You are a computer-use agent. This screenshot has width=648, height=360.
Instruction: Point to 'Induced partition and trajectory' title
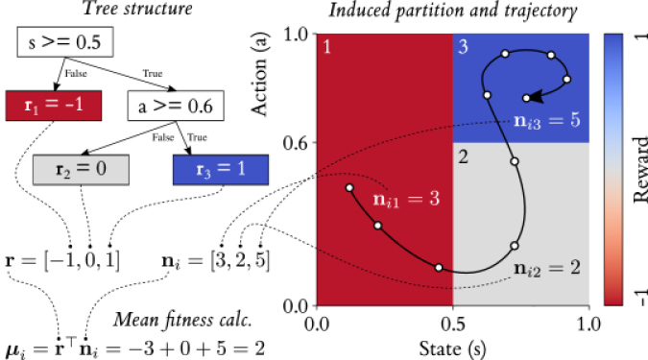451,12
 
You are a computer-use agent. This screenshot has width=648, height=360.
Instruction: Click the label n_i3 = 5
542,122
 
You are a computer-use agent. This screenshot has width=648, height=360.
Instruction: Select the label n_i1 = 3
407,199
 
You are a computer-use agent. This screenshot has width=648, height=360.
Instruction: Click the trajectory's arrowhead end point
526,98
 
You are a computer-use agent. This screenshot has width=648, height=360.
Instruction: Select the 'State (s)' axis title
451,346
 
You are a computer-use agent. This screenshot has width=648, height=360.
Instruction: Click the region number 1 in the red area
325,46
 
